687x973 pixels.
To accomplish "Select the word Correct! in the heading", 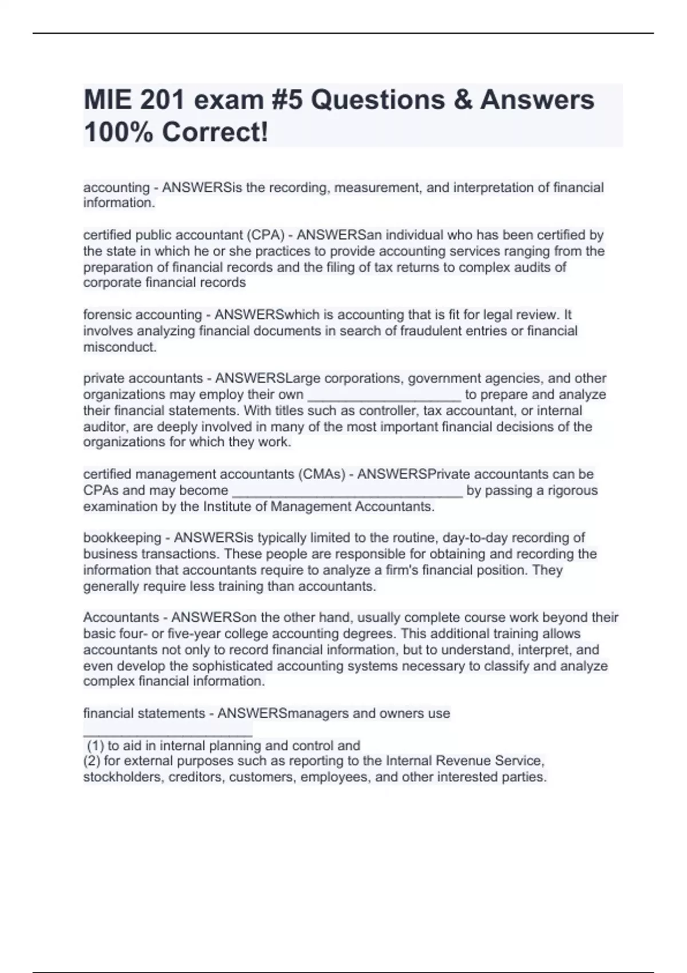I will (x=215, y=133).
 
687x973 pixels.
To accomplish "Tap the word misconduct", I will (x=120, y=347).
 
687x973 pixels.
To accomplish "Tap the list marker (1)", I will (x=95, y=746).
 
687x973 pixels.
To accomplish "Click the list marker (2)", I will (x=92, y=761).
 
